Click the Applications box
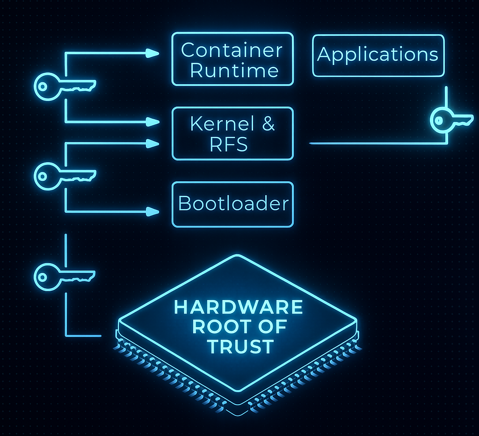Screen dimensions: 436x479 (378, 55)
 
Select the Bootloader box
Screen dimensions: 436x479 (233, 204)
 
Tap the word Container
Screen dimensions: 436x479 (232, 50)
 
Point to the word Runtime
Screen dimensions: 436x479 (234, 71)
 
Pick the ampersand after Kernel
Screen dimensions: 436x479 (268, 124)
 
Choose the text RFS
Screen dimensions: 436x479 (229, 145)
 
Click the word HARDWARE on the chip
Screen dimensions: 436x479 (239, 307)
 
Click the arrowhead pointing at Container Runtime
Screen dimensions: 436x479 (152, 53)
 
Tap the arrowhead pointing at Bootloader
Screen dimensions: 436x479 (152, 212)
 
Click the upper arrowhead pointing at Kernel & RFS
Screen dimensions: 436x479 (152, 122)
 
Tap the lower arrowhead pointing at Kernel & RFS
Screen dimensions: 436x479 (152, 143)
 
